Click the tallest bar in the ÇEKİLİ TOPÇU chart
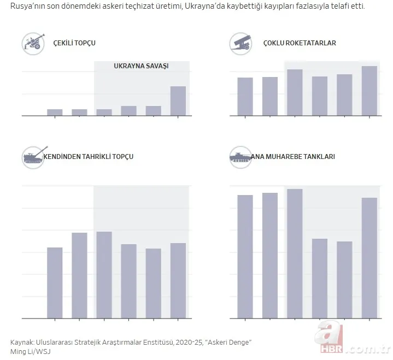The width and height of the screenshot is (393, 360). (x=178, y=101)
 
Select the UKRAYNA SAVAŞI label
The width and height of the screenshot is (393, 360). (x=141, y=66)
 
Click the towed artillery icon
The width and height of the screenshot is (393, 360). (x=33, y=43)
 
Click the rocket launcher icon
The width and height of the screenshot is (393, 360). (x=241, y=42)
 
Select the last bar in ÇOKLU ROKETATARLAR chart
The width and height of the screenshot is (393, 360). (x=369, y=91)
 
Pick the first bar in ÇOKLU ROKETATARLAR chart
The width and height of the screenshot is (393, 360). (x=245, y=97)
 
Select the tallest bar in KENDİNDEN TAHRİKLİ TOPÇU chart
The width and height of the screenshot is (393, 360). (x=104, y=275)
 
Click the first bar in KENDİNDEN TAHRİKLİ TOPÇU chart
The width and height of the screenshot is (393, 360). (x=55, y=282)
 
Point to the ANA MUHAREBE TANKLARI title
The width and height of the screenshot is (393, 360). (x=292, y=157)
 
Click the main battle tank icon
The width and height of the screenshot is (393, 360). (x=241, y=157)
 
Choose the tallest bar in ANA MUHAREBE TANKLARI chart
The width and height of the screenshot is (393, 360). (x=295, y=253)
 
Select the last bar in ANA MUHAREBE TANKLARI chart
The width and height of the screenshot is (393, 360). (x=369, y=258)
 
